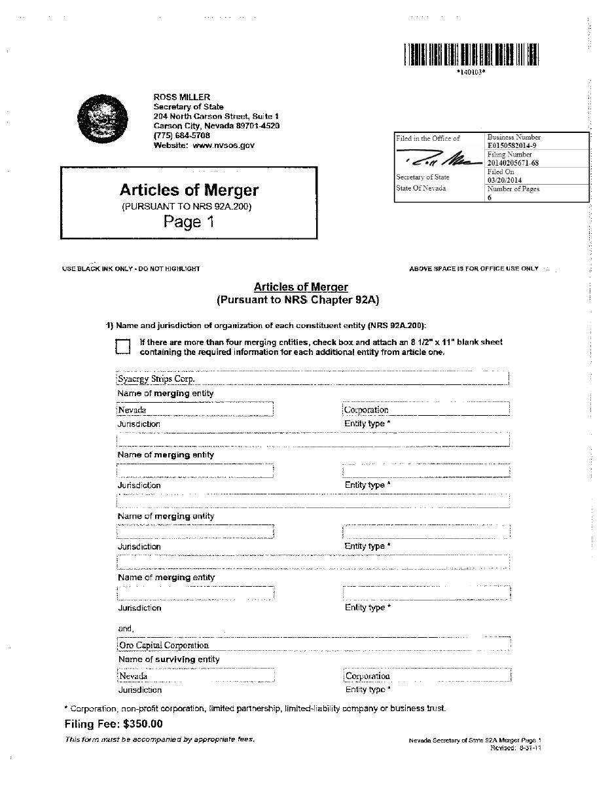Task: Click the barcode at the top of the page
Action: coord(471,54)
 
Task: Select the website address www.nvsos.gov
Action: coord(224,145)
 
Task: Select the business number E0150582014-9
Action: coord(512,145)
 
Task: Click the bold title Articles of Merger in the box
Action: coord(188,190)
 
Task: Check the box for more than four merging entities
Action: coord(123,346)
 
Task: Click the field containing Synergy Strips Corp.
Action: coord(312,378)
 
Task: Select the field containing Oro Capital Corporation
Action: coord(313,644)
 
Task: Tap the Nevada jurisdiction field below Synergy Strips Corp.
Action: coord(194,410)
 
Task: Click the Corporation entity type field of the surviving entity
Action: coord(426,676)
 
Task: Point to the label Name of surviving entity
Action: coord(169,659)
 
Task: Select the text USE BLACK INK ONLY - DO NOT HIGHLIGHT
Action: coord(131,268)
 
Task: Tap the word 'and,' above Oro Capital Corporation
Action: coord(125,629)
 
